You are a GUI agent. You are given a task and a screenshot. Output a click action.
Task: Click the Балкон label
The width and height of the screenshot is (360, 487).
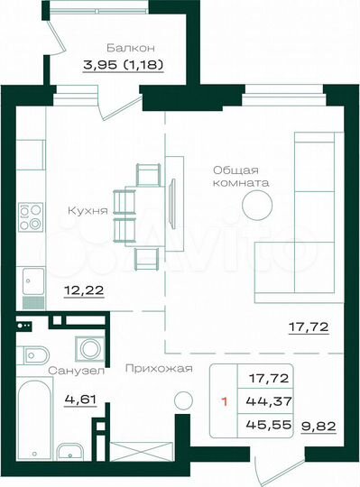click(x=131, y=46)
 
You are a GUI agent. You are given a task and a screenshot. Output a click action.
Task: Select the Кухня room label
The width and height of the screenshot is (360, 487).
click(x=88, y=211)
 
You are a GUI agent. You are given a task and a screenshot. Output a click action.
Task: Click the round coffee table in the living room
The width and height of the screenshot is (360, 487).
click(x=260, y=206)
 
